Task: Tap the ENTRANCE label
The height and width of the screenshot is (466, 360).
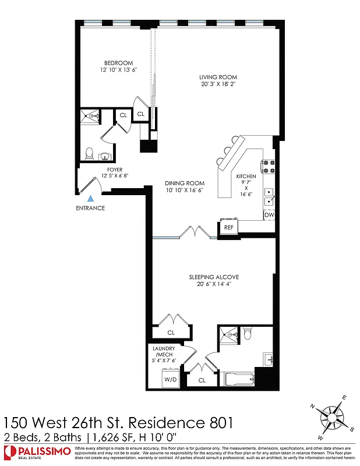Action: [x=90, y=208]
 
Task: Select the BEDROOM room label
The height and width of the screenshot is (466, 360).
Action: [x=119, y=63]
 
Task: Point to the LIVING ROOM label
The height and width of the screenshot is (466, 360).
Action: [x=218, y=77]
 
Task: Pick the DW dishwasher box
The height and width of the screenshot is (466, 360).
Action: [x=269, y=215]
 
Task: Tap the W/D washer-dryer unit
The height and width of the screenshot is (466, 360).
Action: [x=171, y=380]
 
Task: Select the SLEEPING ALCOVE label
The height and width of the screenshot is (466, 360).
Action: [x=214, y=277]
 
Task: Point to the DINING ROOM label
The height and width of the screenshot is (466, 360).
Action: [x=184, y=183]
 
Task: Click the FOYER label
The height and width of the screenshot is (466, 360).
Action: [x=115, y=169]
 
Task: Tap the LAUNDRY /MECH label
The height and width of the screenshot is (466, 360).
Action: [x=164, y=351]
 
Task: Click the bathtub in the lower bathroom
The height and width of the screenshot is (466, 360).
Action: [x=239, y=380]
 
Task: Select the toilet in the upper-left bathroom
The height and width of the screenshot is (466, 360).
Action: [x=90, y=153]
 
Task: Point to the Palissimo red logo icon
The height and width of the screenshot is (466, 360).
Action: [x=9, y=451]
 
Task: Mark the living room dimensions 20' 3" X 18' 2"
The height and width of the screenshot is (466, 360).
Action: [x=218, y=84]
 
